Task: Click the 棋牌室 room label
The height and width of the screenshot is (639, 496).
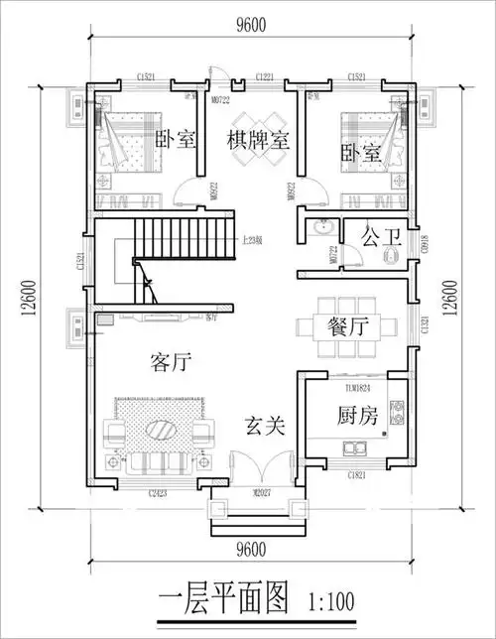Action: click(258, 140)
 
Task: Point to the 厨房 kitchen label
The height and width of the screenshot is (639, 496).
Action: click(354, 417)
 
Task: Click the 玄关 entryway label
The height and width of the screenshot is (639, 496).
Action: click(265, 427)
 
